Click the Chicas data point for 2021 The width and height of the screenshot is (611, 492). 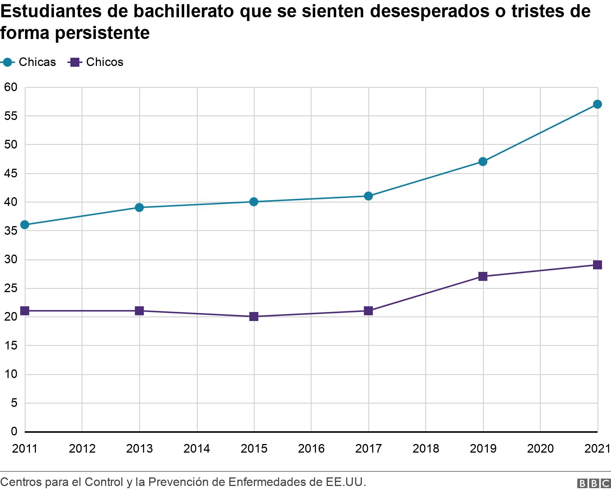598,104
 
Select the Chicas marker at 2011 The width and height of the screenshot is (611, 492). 25,225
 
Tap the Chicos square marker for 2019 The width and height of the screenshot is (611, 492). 483,276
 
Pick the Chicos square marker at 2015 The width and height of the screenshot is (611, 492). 254,316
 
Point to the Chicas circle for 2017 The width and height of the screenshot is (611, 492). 368,196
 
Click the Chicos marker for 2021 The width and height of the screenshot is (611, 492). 598,265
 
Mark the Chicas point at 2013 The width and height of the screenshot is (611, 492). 139,208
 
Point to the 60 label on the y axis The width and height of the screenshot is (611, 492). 11,87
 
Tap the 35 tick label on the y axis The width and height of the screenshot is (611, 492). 11,231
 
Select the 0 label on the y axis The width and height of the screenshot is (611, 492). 14,432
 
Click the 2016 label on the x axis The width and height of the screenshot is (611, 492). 311,448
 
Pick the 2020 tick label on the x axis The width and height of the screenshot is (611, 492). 540,448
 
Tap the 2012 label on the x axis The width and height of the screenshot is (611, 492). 82,448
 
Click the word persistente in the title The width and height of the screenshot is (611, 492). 102,33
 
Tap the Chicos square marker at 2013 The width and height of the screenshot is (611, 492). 139,311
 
